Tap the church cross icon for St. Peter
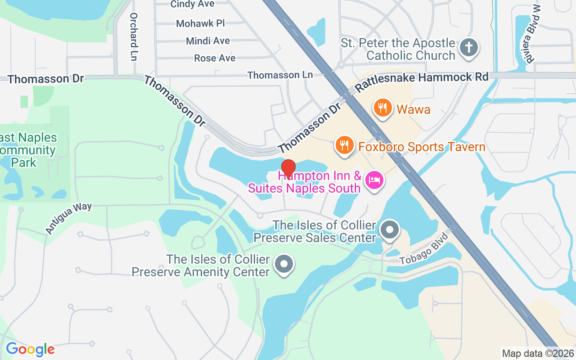coord(468,48)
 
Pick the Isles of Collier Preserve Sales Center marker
coord(390,230)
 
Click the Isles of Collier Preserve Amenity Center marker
coord(284,265)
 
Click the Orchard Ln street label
coord(133,36)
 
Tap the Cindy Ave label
coord(192,4)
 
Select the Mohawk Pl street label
coord(200,23)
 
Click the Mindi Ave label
coord(208,41)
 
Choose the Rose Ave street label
coord(215,58)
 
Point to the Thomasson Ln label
coord(280,75)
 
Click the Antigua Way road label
coord(68,218)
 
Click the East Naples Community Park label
coord(28,150)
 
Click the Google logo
coord(30,349)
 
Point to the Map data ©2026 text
coord(537,353)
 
